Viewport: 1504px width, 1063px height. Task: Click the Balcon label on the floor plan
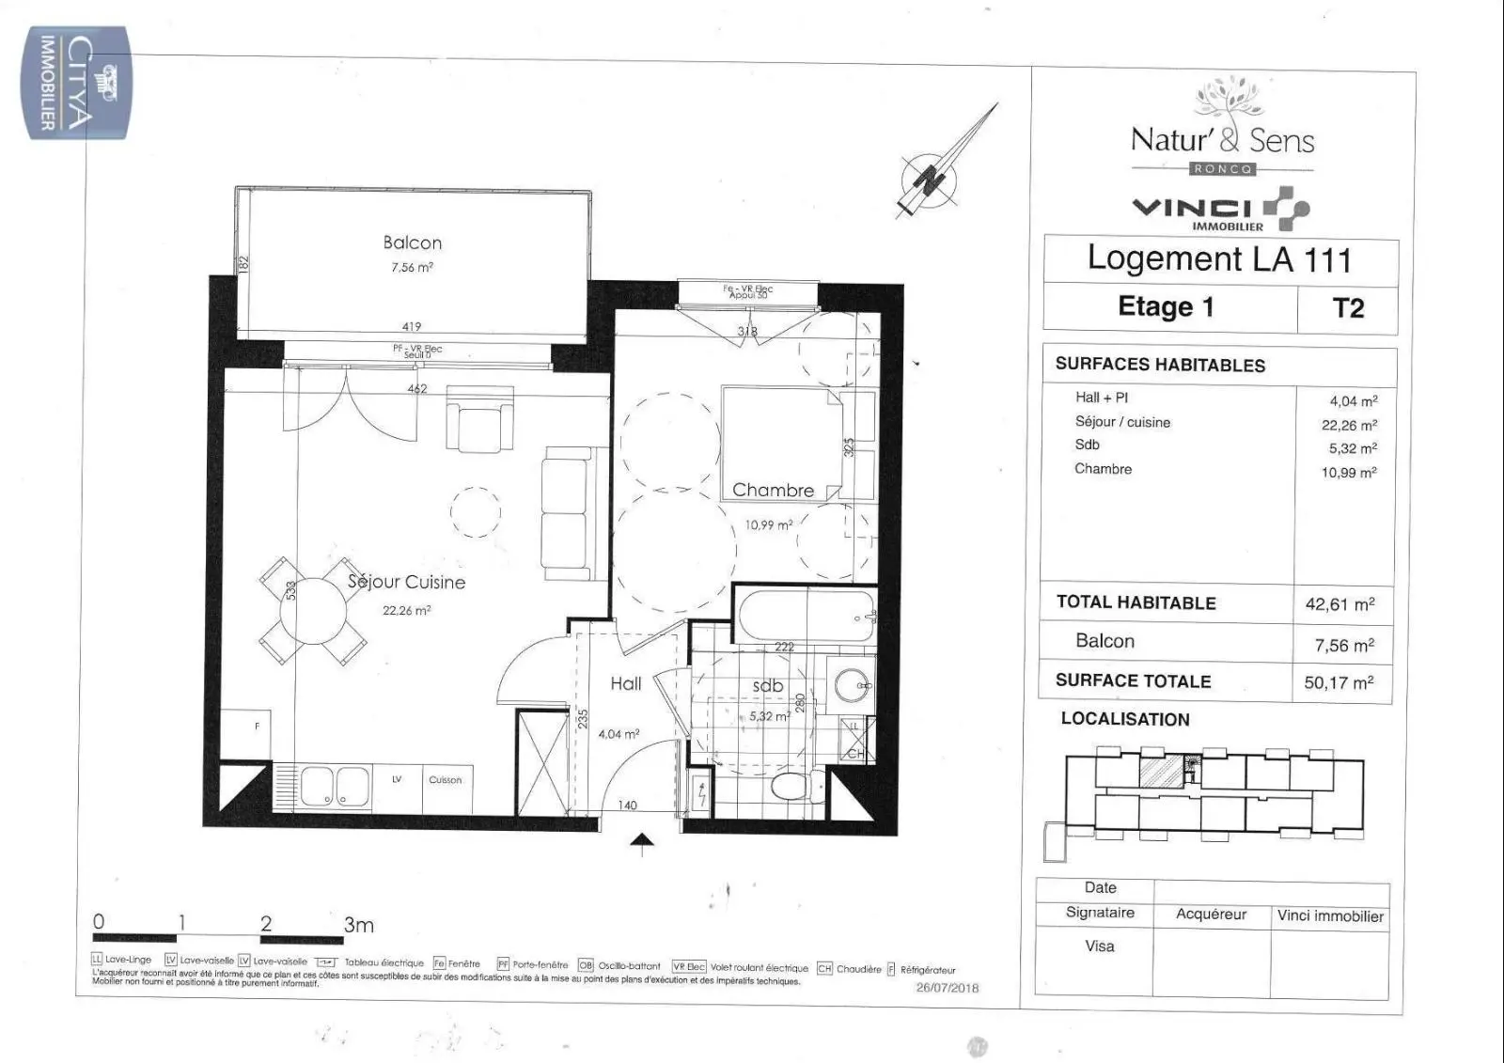(x=412, y=242)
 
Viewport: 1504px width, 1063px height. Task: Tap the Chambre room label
(x=773, y=490)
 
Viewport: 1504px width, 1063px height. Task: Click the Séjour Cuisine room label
(x=406, y=582)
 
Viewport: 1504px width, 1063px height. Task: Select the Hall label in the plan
(x=625, y=683)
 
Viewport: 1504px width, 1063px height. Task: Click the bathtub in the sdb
(x=807, y=615)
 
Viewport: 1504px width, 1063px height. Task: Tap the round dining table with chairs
(x=312, y=609)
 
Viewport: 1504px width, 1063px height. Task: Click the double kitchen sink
(x=337, y=786)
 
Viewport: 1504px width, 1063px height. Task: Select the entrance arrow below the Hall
(x=643, y=844)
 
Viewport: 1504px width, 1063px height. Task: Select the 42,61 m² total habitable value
(x=1339, y=604)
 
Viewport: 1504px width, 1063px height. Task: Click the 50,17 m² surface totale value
(x=1339, y=682)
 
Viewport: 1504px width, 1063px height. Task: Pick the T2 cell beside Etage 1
(x=1348, y=308)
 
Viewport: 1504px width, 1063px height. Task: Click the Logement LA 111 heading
(x=1219, y=258)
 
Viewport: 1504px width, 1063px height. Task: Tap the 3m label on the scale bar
(x=358, y=925)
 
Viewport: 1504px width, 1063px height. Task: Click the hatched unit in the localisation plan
(x=1160, y=772)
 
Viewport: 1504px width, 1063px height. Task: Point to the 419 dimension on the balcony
(x=412, y=327)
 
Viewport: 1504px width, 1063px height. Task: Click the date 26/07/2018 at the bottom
(x=947, y=988)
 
